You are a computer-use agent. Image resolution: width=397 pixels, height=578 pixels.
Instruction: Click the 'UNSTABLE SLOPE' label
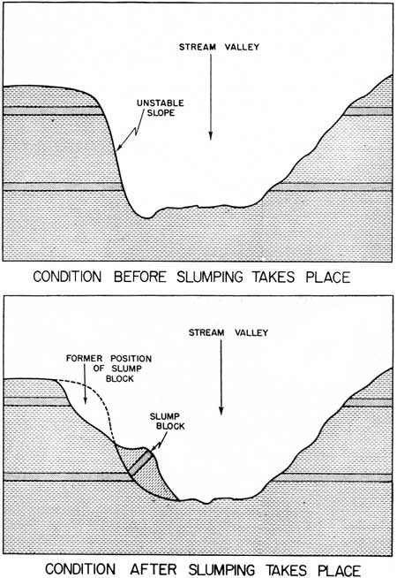click(x=160, y=108)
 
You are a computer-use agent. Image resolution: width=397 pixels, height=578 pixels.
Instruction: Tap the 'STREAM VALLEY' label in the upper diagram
click(x=219, y=47)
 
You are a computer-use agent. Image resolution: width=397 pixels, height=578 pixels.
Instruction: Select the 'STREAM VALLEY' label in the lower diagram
click(x=228, y=333)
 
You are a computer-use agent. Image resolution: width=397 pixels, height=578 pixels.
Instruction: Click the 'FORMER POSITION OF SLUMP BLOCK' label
click(x=109, y=369)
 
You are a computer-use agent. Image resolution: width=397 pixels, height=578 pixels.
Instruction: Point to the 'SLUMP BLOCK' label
click(x=168, y=422)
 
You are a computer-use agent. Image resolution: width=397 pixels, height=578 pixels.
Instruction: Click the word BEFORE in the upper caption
click(x=139, y=277)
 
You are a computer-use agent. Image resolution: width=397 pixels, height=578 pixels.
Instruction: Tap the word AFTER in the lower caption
click(x=154, y=569)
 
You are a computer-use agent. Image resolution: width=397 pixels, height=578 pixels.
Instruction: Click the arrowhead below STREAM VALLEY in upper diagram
click(x=211, y=135)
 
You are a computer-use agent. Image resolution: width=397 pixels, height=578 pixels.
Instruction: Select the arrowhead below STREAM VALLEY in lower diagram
click(x=221, y=410)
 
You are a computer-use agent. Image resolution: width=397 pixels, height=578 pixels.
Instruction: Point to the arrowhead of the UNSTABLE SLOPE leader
click(x=119, y=147)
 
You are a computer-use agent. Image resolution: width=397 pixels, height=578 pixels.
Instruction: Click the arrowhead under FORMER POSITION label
click(x=86, y=400)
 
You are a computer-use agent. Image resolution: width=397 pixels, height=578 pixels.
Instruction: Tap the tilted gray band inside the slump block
click(x=140, y=462)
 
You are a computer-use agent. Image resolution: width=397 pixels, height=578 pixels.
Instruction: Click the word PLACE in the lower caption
click(x=339, y=569)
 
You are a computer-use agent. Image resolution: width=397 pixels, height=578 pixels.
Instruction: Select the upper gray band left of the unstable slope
click(x=53, y=111)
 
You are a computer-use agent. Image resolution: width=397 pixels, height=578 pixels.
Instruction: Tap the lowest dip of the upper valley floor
click(x=146, y=217)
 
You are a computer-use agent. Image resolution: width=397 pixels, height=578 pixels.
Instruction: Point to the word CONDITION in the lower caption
click(x=80, y=569)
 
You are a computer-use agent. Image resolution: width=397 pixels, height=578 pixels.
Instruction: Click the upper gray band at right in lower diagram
click(x=368, y=402)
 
